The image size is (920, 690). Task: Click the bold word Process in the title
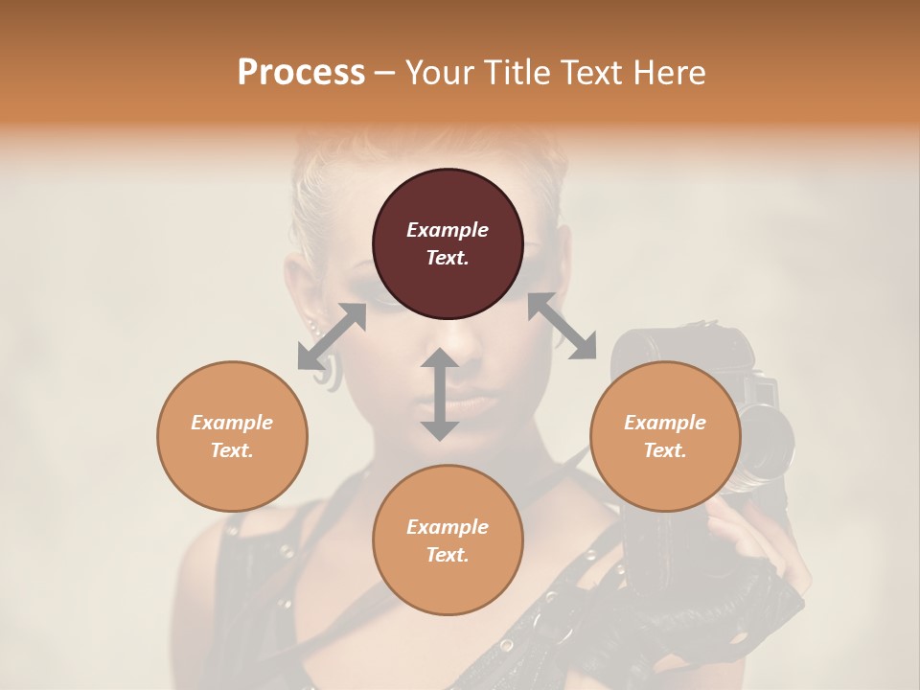click(301, 73)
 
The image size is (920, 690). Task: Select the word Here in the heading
click(670, 73)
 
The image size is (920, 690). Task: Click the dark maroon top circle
click(448, 243)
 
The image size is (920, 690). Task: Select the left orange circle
click(232, 436)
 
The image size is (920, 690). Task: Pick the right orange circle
click(665, 436)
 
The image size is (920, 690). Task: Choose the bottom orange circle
click(448, 540)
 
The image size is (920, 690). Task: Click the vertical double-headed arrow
click(440, 394)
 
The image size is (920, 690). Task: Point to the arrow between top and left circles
click(332, 336)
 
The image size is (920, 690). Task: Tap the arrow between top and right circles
click(563, 326)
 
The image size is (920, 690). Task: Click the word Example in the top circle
click(448, 230)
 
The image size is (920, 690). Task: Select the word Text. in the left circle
click(232, 450)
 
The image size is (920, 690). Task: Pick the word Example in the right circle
click(665, 423)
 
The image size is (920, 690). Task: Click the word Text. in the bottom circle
click(448, 555)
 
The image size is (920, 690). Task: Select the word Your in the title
click(437, 73)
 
